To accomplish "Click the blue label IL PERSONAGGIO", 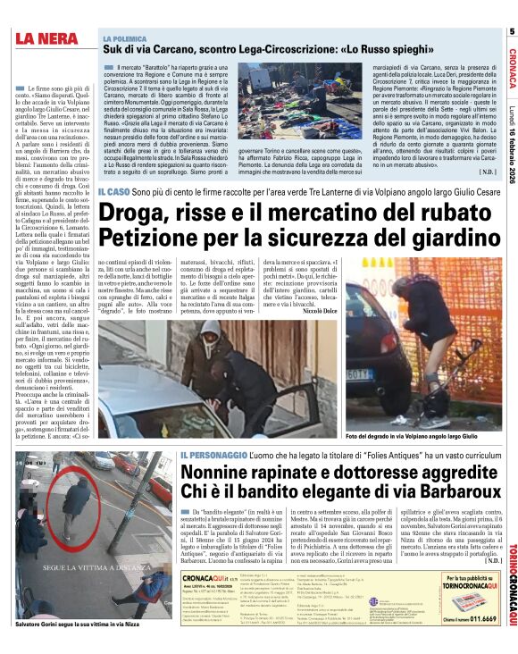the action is point(212,451).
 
